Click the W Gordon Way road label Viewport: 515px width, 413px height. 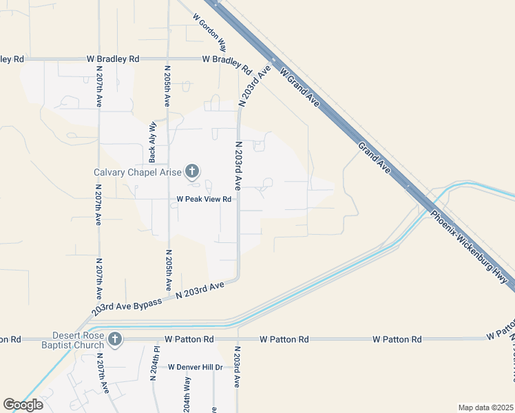(x=209, y=32)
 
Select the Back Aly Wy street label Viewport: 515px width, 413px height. (x=152, y=141)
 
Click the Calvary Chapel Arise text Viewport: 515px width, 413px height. (x=138, y=172)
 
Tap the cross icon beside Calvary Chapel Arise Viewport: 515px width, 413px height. (x=192, y=171)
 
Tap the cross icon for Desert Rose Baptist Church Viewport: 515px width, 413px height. (x=115, y=339)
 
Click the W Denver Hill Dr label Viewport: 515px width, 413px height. (x=196, y=367)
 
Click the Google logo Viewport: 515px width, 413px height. (x=23, y=404)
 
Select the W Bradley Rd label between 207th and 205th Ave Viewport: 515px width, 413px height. (x=113, y=59)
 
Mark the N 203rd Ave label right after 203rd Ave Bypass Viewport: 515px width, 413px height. (x=200, y=290)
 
